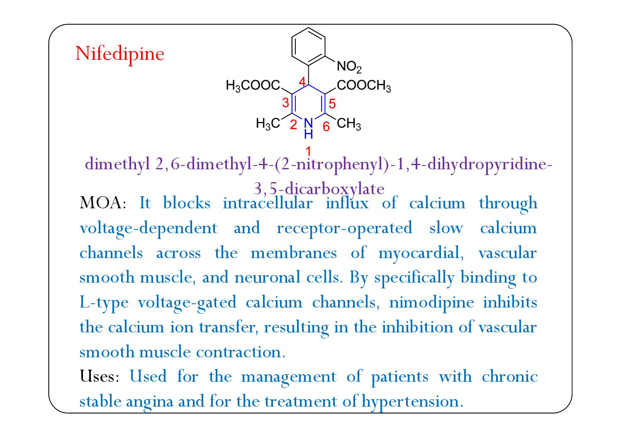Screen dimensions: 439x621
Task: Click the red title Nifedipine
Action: pyautogui.click(x=119, y=54)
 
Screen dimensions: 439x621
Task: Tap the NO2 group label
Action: pyautogui.click(x=348, y=66)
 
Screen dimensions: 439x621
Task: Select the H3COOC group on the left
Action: pyautogui.click(x=253, y=85)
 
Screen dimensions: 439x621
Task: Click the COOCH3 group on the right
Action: pyautogui.click(x=364, y=85)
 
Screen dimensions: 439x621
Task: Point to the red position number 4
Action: pyautogui.click(x=302, y=81)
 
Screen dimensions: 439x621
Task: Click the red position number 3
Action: pyautogui.click(x=285, y=102)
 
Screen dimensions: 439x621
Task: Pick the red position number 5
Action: pyautogui.click(x=332, y=104)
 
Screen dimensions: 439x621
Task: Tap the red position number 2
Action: pyautogui.click(x=293, y=124)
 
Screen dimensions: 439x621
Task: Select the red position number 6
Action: pyautogui.click(x=326, y=126)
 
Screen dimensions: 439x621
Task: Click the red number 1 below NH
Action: pyautogui.click(x=308, y=151)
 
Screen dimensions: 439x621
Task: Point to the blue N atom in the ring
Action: pyautogui.click(x=308, y=123)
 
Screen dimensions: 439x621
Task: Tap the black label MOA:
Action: pyautogui.click(x=103, y=203)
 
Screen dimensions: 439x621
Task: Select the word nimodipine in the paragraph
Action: pyautogui.click(x=431, y=302)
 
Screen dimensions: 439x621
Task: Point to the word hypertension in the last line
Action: pyautogui.click(x=412, y=401)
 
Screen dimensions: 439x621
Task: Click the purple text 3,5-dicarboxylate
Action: pyautogui.click(x=319, y=189)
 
